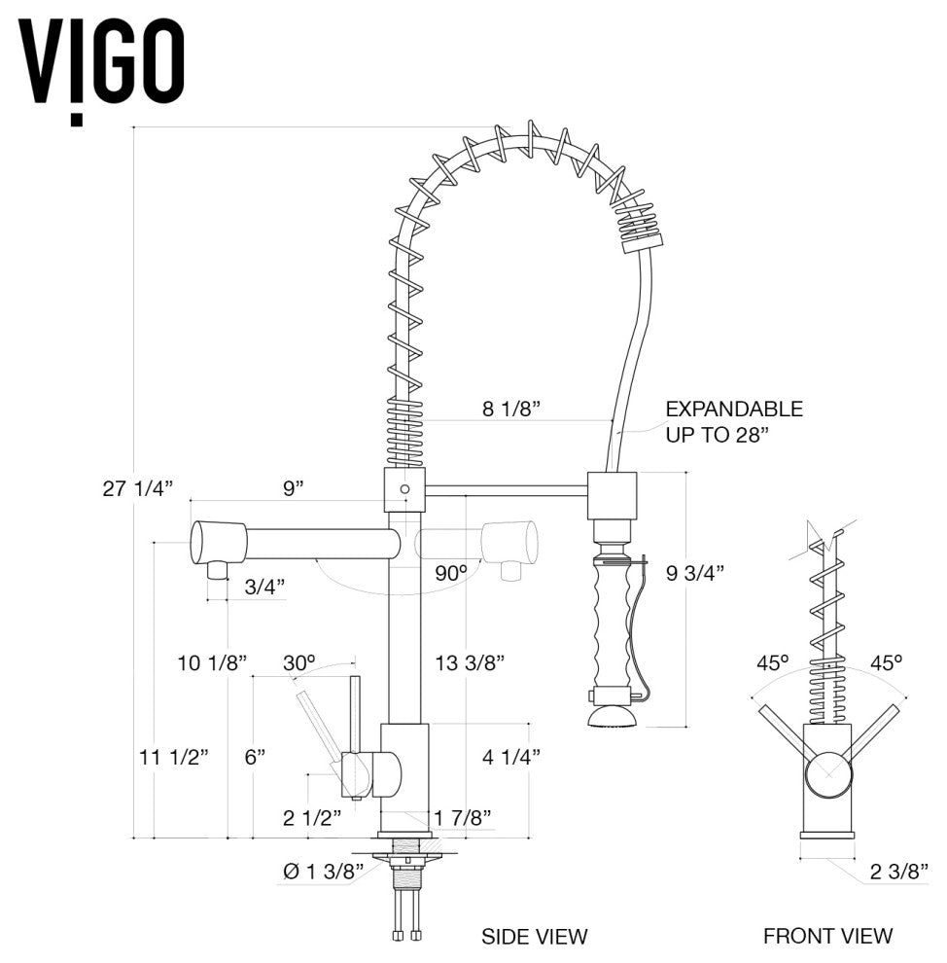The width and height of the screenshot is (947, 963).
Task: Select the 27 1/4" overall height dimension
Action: (138, 488)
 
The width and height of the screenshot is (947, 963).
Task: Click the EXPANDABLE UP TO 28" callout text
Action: (733, 421)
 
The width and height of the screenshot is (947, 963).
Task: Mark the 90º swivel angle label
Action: (451, 573)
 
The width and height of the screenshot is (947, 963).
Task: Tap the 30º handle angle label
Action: (299, 662)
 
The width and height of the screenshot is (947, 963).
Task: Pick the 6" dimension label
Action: (256, 757)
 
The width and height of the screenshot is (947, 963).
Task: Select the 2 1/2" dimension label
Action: (312, 817)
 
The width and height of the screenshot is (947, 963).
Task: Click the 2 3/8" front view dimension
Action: (899, 872)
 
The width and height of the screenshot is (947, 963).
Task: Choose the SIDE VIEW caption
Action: (535, 937)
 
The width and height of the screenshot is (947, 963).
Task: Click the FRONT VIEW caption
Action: (827, 936)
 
